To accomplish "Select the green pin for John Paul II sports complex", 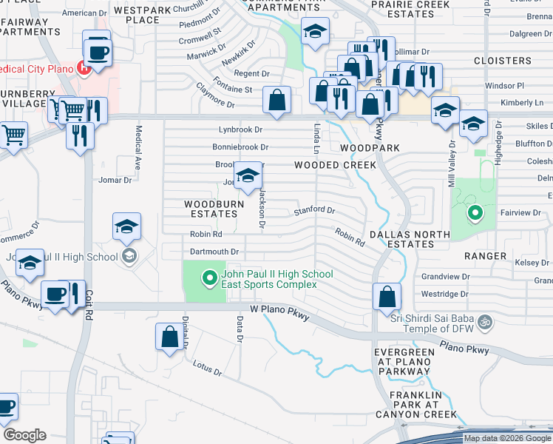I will (209, 279).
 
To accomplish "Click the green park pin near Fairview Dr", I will (474, 215).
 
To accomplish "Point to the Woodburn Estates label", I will (211, 208).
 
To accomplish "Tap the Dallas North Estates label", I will (409, 239).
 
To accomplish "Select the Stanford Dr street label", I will (314, 211).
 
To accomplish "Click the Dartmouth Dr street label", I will (214, 252).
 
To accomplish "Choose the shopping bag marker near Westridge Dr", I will (387, 297).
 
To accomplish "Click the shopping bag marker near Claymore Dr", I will (276, 100).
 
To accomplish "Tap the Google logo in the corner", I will (24, 435).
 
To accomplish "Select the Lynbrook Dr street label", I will (241, 130).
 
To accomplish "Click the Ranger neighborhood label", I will (485, 256).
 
